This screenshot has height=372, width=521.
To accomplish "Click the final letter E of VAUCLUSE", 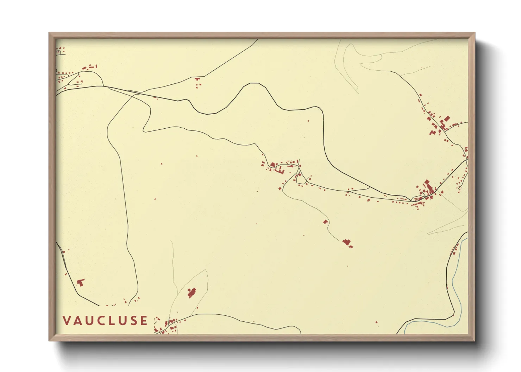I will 144,321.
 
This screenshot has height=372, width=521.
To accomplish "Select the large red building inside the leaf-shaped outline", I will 192,293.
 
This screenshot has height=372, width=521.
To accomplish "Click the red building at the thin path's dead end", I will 347,242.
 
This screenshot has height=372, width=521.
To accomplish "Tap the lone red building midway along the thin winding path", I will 326,222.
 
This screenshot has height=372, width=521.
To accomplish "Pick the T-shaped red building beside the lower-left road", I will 81,282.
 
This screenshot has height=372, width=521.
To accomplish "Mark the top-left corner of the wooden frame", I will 49,33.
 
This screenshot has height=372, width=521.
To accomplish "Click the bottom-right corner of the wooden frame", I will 475,341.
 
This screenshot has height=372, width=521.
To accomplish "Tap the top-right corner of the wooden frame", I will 475,33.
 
